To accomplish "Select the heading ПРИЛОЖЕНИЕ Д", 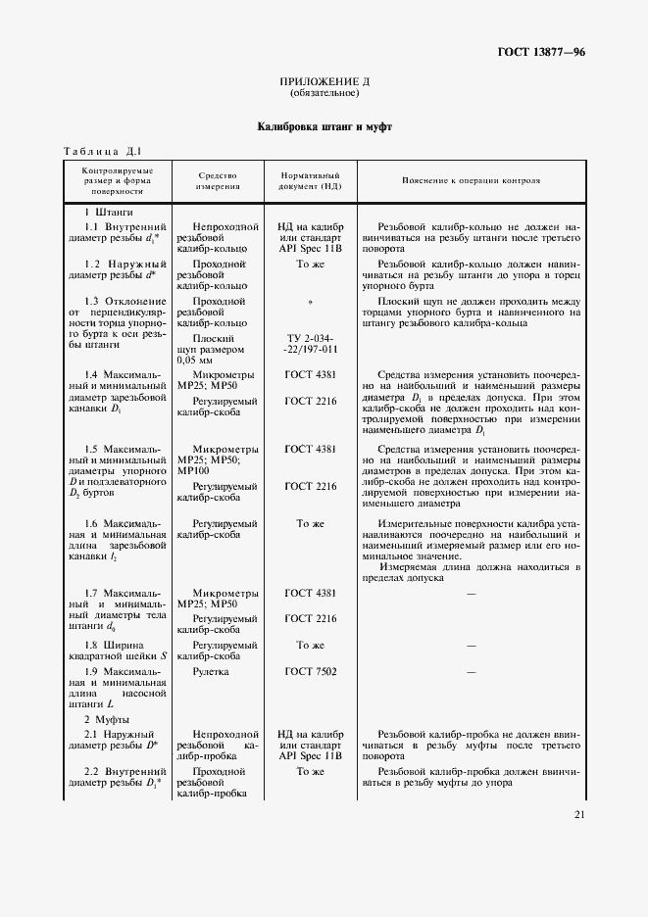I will point(324,81).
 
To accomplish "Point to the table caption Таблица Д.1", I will point(103,151).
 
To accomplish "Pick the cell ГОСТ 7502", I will point(310,672).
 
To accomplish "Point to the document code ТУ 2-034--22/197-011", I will point(310,343).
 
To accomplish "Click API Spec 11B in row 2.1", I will point(310,757).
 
